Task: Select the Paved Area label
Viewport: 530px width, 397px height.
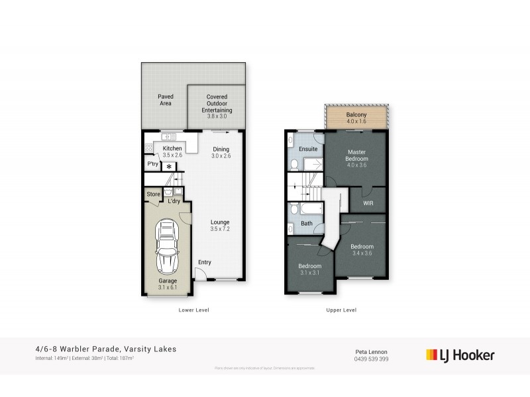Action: tap(166, 100)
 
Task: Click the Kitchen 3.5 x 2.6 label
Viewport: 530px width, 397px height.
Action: tap(172, 152)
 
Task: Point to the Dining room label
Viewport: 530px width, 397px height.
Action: tap(221, 152)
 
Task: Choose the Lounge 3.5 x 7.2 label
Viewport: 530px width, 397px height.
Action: tap(220, 226)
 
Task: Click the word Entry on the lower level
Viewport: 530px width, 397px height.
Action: tap(205, 263)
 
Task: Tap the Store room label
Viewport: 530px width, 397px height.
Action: tap(153, 194)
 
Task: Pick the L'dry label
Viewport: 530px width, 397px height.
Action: tap(174, 200)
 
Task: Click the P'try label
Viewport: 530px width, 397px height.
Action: tap(152, 164)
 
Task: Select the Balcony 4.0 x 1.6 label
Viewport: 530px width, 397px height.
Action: tap(356, 118)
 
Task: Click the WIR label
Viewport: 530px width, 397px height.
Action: tap(368, 203)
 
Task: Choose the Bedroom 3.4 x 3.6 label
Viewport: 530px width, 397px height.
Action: tap(362, 249)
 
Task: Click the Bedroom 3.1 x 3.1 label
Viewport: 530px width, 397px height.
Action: tap(310, 269)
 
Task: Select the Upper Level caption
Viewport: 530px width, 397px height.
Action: tap(342, 309)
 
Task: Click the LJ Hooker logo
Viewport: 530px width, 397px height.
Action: tap(460, 355)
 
